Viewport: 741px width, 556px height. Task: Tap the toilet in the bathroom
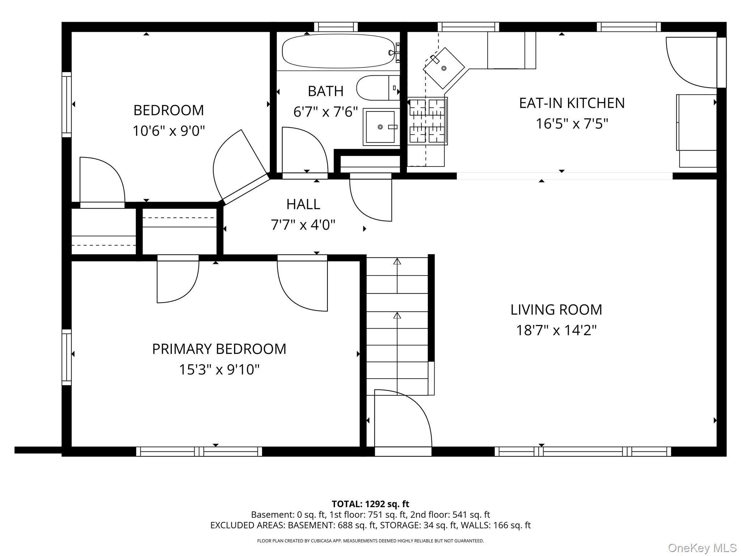(x=378, y=88)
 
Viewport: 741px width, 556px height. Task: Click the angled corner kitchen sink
(x=444, y=68)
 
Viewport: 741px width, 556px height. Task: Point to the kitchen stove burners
(x=427, y=121)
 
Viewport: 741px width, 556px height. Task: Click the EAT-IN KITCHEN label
(x=572, y=103)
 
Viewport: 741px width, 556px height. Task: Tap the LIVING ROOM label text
(x=556, y=310)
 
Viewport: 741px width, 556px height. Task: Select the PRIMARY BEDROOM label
(x=219, y=349)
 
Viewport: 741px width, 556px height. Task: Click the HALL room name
(x=303, y=205)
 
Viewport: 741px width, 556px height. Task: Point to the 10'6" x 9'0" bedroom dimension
(x=169, y=131)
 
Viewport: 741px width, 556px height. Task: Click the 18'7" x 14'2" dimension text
(x=556, y=330)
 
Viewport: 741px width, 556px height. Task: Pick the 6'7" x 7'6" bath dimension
(x=326, y=112)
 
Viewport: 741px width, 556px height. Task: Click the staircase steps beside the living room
(x=397, y=326)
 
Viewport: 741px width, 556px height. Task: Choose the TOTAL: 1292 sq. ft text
(x=370, y=504)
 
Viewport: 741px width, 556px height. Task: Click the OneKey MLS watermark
(x=702, y=548)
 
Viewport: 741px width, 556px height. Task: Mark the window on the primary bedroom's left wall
(x=67, y=357)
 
